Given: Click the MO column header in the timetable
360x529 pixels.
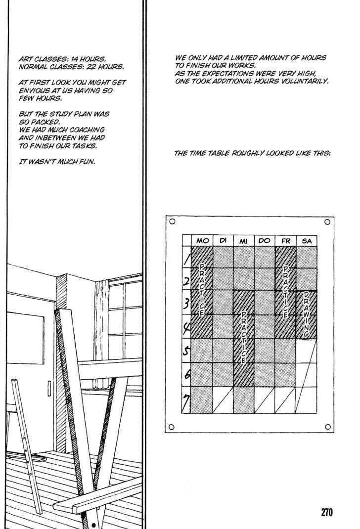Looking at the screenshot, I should (x=202, y=240).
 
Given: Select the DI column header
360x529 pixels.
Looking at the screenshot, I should (x=223, y=240).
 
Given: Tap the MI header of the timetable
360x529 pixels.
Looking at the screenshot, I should (x=244, y=240).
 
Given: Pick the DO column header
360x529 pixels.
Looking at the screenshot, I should (x=265, y=240).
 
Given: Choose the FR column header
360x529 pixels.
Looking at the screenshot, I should (x=285, y=240).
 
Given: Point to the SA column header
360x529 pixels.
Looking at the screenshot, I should (x=307, y=240).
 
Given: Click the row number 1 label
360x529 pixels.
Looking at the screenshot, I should (x=186, y=258).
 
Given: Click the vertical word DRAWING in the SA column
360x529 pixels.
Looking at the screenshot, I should (x=307, y=314).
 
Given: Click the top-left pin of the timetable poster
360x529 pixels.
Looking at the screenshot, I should (x=171, y=222).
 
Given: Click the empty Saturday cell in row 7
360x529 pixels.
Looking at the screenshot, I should (x=307, y=399).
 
